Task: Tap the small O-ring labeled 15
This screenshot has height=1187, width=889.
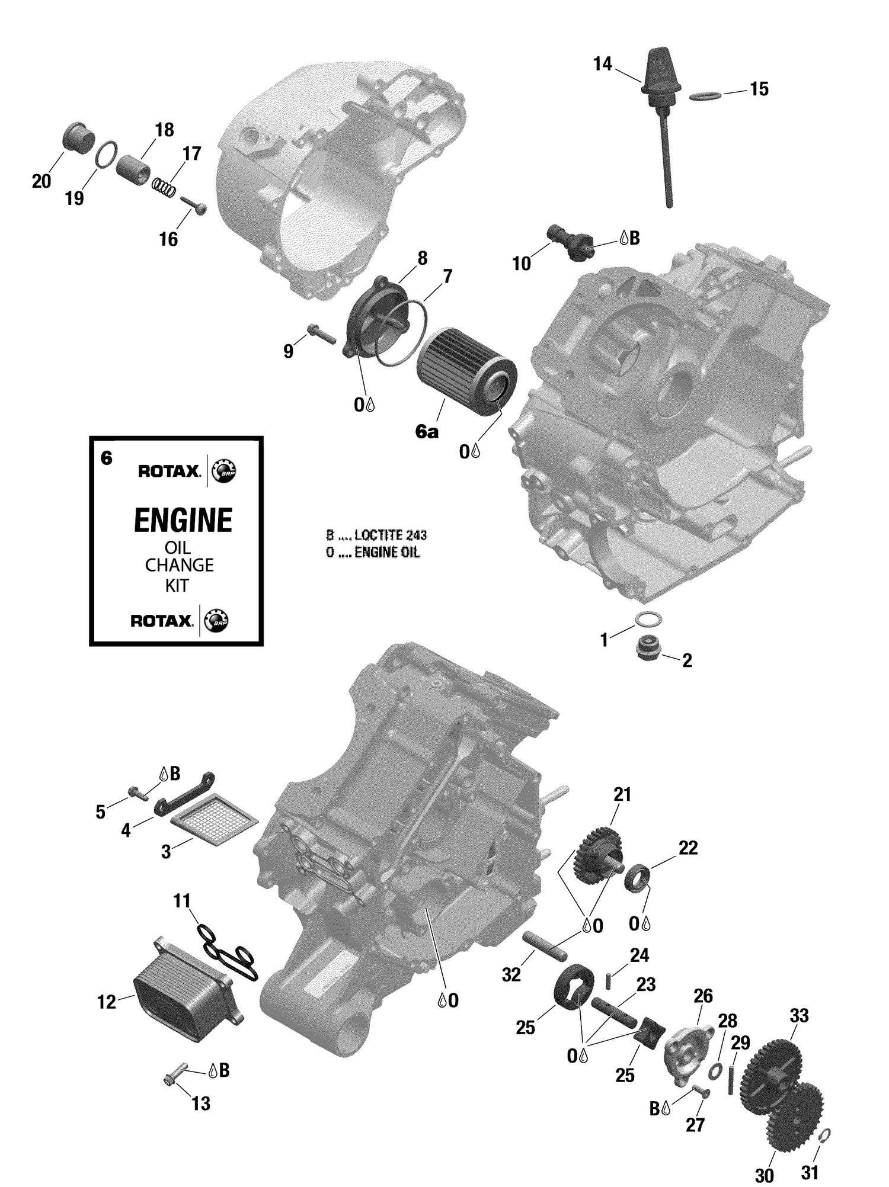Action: [x=706, y=95]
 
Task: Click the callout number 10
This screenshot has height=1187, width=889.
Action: [x=521, y=264]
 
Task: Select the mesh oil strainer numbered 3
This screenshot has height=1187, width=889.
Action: [x=215, y=819]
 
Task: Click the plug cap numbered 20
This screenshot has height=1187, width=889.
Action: [x=78, y=138]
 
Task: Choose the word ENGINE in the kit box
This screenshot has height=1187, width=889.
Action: [x=183, y=521]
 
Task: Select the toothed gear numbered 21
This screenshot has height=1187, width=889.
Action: [x=597, y=854]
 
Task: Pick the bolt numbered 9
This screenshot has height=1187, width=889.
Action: [x=321, y=334]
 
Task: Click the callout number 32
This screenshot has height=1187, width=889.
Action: [x=511, y=975]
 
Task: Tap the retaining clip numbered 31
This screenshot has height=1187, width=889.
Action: [x=824, y=1134]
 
